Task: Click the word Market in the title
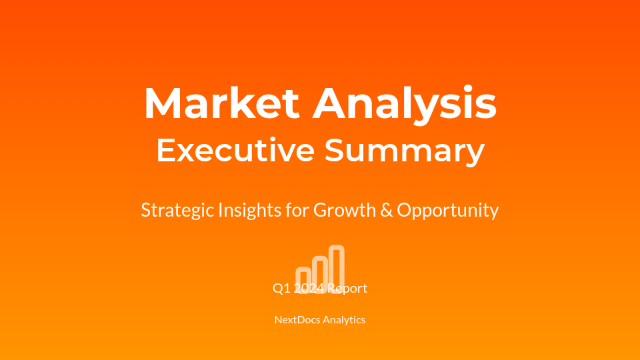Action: (221, 103)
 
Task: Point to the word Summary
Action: (404, 151)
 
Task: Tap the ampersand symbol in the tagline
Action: (386, 210)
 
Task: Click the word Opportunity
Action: (448, 210)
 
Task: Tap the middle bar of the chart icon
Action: (320, 271)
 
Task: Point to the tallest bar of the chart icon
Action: (337, 265)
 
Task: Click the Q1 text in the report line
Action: (281, 289)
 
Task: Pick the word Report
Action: (348, 289)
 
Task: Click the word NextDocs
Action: (297, 319)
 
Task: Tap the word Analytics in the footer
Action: (344, 319)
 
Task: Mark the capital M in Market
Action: (162, 103)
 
